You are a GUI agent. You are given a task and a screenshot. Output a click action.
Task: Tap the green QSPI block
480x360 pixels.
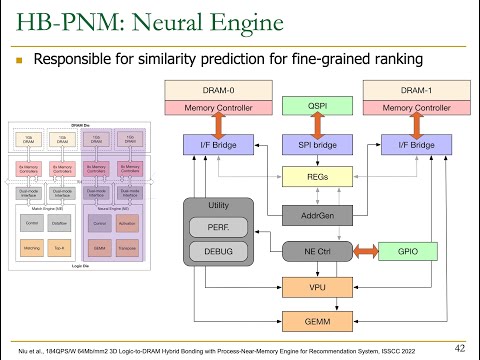317,105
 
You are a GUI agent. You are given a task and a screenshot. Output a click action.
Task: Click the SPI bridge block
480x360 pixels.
317,145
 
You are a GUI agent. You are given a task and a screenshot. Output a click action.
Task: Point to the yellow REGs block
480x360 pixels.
317,177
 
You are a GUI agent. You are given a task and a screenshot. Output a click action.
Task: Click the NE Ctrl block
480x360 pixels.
317,248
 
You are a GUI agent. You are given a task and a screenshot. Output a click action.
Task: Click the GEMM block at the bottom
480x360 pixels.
317,321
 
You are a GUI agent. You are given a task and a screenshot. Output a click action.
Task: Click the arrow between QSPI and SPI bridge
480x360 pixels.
317,125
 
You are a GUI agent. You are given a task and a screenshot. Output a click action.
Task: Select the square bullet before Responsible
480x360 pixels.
19,60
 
